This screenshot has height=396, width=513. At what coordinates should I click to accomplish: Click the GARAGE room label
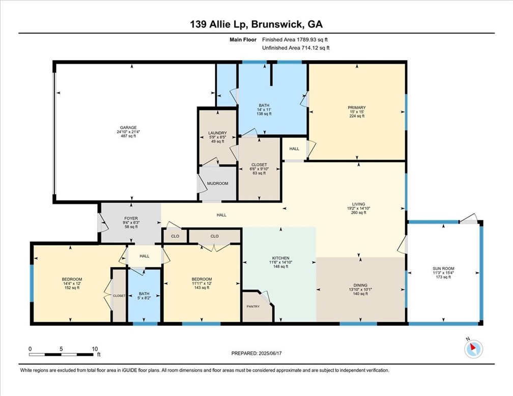(128, 128)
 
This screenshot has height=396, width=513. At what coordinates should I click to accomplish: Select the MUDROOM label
(217, 183)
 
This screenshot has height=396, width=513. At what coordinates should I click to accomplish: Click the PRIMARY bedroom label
(356, 107)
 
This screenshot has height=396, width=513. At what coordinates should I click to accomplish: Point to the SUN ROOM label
(443, 268)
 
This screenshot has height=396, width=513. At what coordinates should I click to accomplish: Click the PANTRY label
(253, 306)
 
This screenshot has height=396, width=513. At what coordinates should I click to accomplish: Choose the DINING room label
(360, 286)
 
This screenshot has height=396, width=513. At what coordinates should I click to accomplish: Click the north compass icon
(473, 349)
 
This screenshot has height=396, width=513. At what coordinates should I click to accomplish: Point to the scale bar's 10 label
(94, 349)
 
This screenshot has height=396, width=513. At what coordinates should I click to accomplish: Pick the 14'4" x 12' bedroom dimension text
(71, 284)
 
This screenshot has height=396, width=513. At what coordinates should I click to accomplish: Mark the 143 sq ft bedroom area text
(202, 288)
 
